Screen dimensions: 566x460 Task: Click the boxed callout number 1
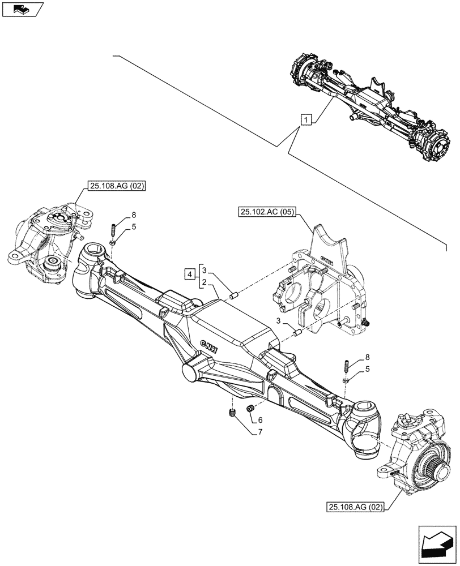click(x=306, y=119)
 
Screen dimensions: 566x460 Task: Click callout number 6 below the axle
click(x=260, y=421)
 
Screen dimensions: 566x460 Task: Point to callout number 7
click(x=260, y=433)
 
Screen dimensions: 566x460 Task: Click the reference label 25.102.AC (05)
click(x=267, y=212)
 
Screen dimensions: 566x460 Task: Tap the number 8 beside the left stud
click(x=134, y=215)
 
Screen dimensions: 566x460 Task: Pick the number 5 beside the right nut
click(x=369, y=369)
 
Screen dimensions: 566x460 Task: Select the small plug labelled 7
click(x=232, y=415)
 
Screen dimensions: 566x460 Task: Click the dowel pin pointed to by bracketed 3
click(x=233, y=294)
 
